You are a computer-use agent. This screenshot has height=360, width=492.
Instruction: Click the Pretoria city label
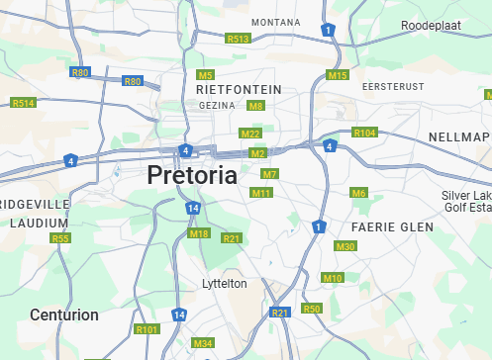pos(192,176)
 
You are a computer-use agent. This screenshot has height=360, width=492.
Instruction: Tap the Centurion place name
pos(64,315)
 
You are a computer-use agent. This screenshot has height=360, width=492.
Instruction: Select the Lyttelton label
pos(225,283)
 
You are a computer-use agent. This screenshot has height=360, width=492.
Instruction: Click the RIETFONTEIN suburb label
pos(239,89)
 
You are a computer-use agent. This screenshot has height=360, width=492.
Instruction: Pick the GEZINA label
pos(216,105)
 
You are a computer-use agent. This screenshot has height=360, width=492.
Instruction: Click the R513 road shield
pos(238,39)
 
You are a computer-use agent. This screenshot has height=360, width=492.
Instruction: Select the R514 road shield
pos(23,103)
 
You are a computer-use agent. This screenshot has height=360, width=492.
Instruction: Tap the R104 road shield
pos(364,133)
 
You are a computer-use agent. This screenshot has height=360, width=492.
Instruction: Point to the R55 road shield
pos(61,238)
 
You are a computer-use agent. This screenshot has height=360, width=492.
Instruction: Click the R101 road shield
pos(147,328)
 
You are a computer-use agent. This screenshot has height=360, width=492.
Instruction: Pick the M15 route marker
pos(338,75)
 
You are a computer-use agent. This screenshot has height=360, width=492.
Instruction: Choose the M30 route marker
pos(345,246)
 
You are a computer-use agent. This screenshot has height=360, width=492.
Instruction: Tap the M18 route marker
pos(199,233)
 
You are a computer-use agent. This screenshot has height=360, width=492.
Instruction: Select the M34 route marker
pos(203,343)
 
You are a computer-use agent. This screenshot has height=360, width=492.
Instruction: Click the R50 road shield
pos(312,309)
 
